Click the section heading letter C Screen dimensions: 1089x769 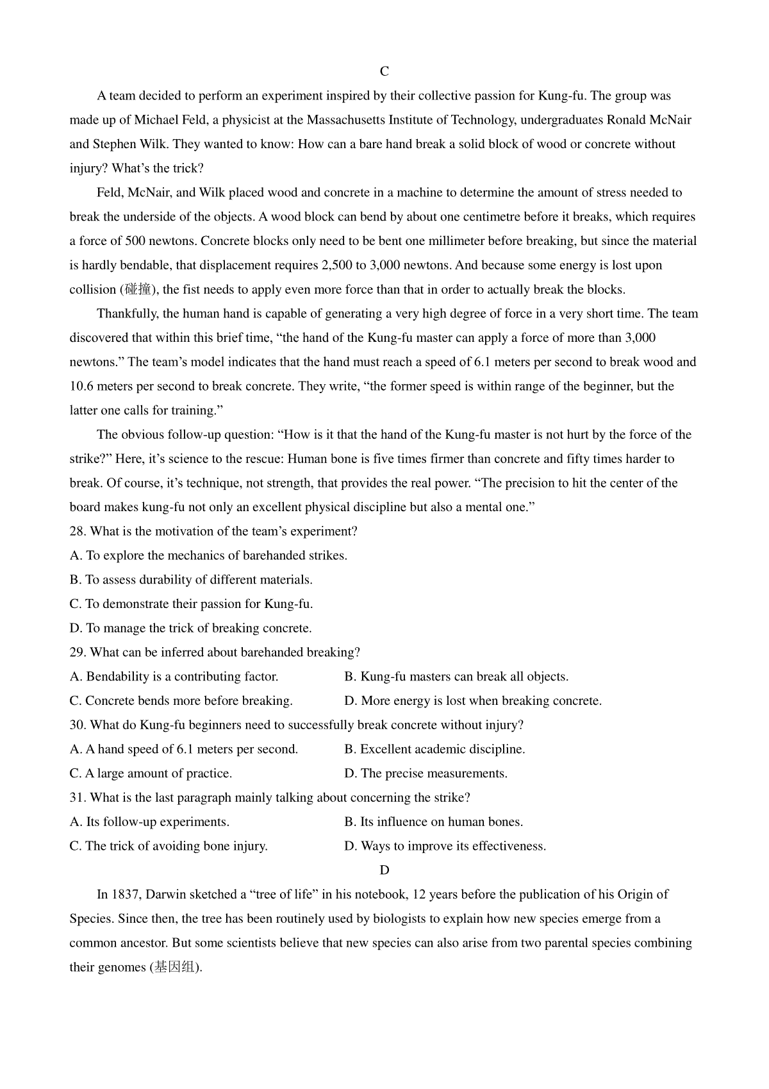click(384, 71)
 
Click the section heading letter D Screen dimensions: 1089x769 click(384, 870)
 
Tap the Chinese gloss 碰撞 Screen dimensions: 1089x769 click(138, 290)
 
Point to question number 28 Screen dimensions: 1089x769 click(78, 532)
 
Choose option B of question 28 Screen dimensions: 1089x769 click(191, 580)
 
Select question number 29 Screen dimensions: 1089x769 click(78, 652)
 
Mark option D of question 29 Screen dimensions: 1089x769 click(473, 701)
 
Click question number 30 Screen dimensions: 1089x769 click(78, 725)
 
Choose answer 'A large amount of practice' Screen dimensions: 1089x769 click(151, 773)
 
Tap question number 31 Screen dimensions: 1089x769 click(78, 798)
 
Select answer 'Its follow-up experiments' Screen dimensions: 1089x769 click(149, 822)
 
